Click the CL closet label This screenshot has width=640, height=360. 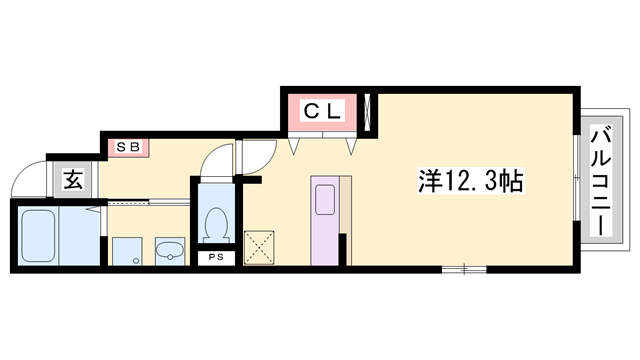coord(323,112)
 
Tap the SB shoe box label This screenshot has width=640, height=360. coord(128,148)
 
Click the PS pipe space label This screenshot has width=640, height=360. coord(215,258)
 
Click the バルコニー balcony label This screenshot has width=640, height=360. coord(600,180)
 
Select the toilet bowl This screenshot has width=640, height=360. coord(214,225)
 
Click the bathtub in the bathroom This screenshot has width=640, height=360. coord(36,238)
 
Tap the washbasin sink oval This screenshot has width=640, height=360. coord(170,250)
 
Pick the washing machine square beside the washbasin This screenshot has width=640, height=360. coord(126,251)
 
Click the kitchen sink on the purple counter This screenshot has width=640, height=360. coord(325,199)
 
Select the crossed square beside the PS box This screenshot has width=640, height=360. coord(260,247)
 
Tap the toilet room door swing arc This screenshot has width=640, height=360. coord(213,162)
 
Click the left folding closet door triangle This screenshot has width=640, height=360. coord(295,146)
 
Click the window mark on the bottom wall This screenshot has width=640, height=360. coord(464,268)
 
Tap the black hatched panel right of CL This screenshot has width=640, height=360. coord(371,112)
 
